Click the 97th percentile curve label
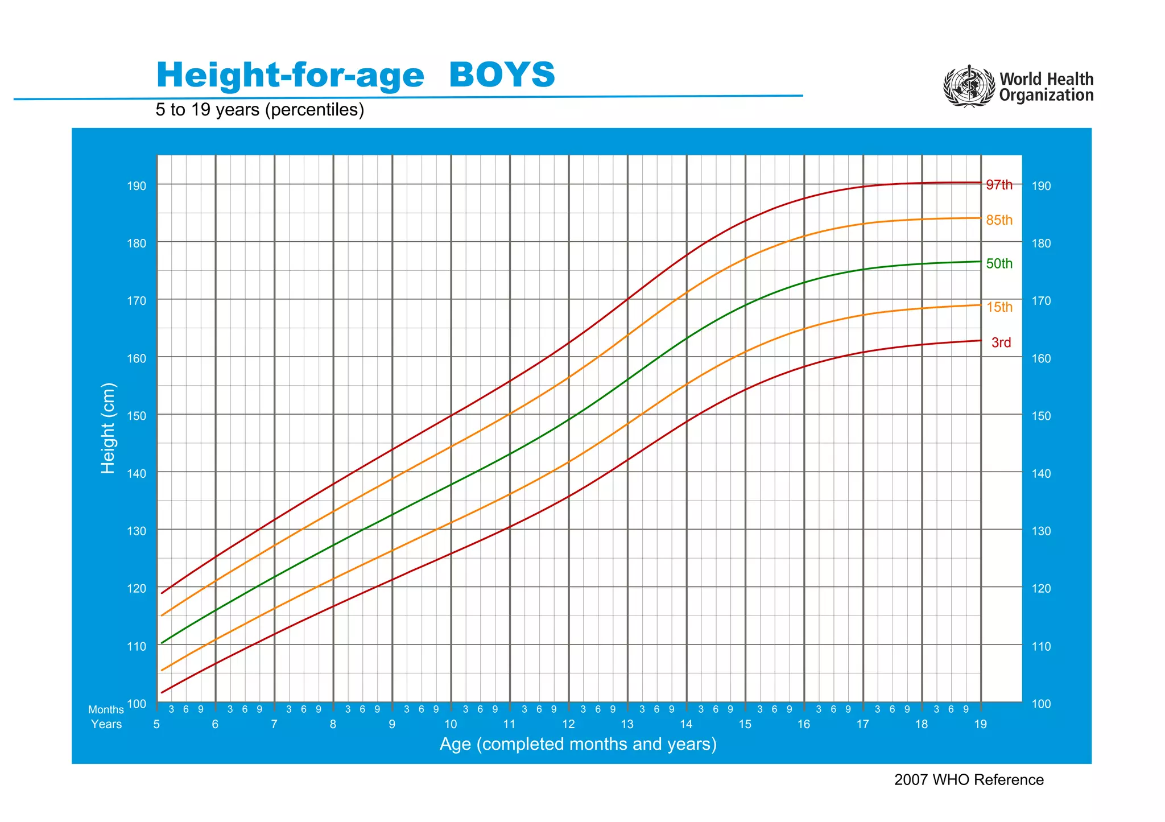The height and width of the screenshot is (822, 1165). click(999, 185)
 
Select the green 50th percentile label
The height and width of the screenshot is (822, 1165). click(999, 263)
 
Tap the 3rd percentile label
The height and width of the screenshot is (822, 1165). click(1001, 342)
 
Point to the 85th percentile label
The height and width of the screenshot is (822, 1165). click(999, 220)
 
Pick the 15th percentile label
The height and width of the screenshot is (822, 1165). click(999, 307)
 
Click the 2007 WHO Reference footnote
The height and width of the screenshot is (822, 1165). click(968, 780)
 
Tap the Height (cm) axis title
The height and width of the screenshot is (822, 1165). click(108, 428)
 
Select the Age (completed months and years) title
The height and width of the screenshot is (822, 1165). click(577, 744)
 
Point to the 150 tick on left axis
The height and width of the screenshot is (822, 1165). click(136, 416)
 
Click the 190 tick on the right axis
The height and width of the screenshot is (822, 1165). click(1042, 186)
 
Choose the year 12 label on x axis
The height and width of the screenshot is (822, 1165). click(568, 724)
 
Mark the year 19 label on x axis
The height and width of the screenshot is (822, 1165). click(980, 724)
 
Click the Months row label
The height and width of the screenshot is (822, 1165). click(106, 710)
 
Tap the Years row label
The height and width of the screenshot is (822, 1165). click(106, 724)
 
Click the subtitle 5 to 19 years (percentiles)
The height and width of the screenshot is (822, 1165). click(259, 110)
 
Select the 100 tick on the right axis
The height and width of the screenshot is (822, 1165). click(1042, 704)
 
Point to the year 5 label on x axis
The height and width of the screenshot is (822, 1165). click(156, 724)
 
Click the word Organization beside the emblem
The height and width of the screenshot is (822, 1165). click(1046, 95)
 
